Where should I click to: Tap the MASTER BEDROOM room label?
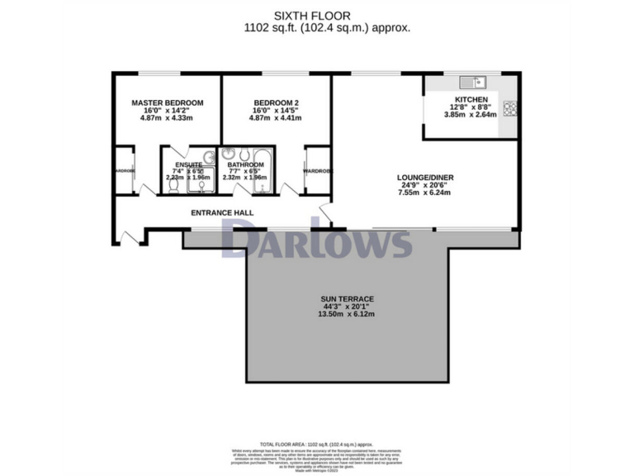click(168, 102)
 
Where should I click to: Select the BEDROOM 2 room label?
click(276, 102)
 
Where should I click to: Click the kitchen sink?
click(473, 82)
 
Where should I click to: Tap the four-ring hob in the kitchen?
click(509, 107)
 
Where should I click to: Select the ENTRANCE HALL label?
click(222, 213)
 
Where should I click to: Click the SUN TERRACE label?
click(348, 298)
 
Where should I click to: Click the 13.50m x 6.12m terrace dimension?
click(348, 318)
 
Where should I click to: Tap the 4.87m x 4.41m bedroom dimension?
click(276, 118)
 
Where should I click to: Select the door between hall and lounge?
click(326, 216)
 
